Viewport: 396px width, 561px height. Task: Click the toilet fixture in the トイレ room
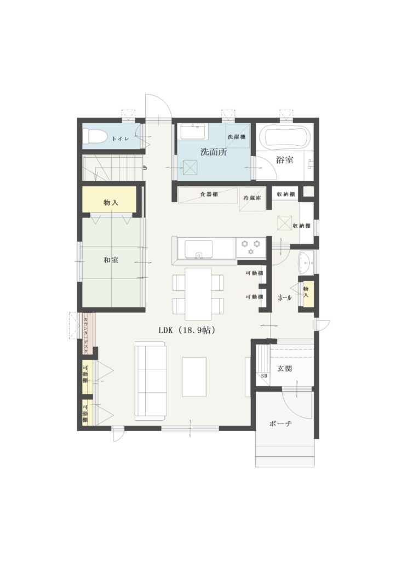(94, 136)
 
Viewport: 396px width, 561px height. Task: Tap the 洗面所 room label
(214, 152)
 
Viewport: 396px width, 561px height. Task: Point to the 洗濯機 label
(237, 136)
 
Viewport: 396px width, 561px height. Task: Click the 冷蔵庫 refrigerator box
(252, 199)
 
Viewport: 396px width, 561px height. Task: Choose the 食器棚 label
(209, 194)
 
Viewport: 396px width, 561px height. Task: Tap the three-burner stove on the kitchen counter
(250, 247)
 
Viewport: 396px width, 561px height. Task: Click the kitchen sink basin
(198, 249)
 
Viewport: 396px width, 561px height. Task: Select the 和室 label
(111, 260)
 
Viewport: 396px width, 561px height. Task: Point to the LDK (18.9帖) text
(187, 330)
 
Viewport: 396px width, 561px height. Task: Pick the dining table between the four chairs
(198, 294)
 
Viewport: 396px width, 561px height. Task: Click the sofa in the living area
(150, 381)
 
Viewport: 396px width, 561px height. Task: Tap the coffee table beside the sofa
(194, 377)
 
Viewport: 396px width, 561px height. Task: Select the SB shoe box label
(264, 376)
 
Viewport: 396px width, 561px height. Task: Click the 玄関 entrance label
(285, 369)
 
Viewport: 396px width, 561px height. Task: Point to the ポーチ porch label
(280, 424)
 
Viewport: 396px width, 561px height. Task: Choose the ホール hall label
(285, 297)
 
